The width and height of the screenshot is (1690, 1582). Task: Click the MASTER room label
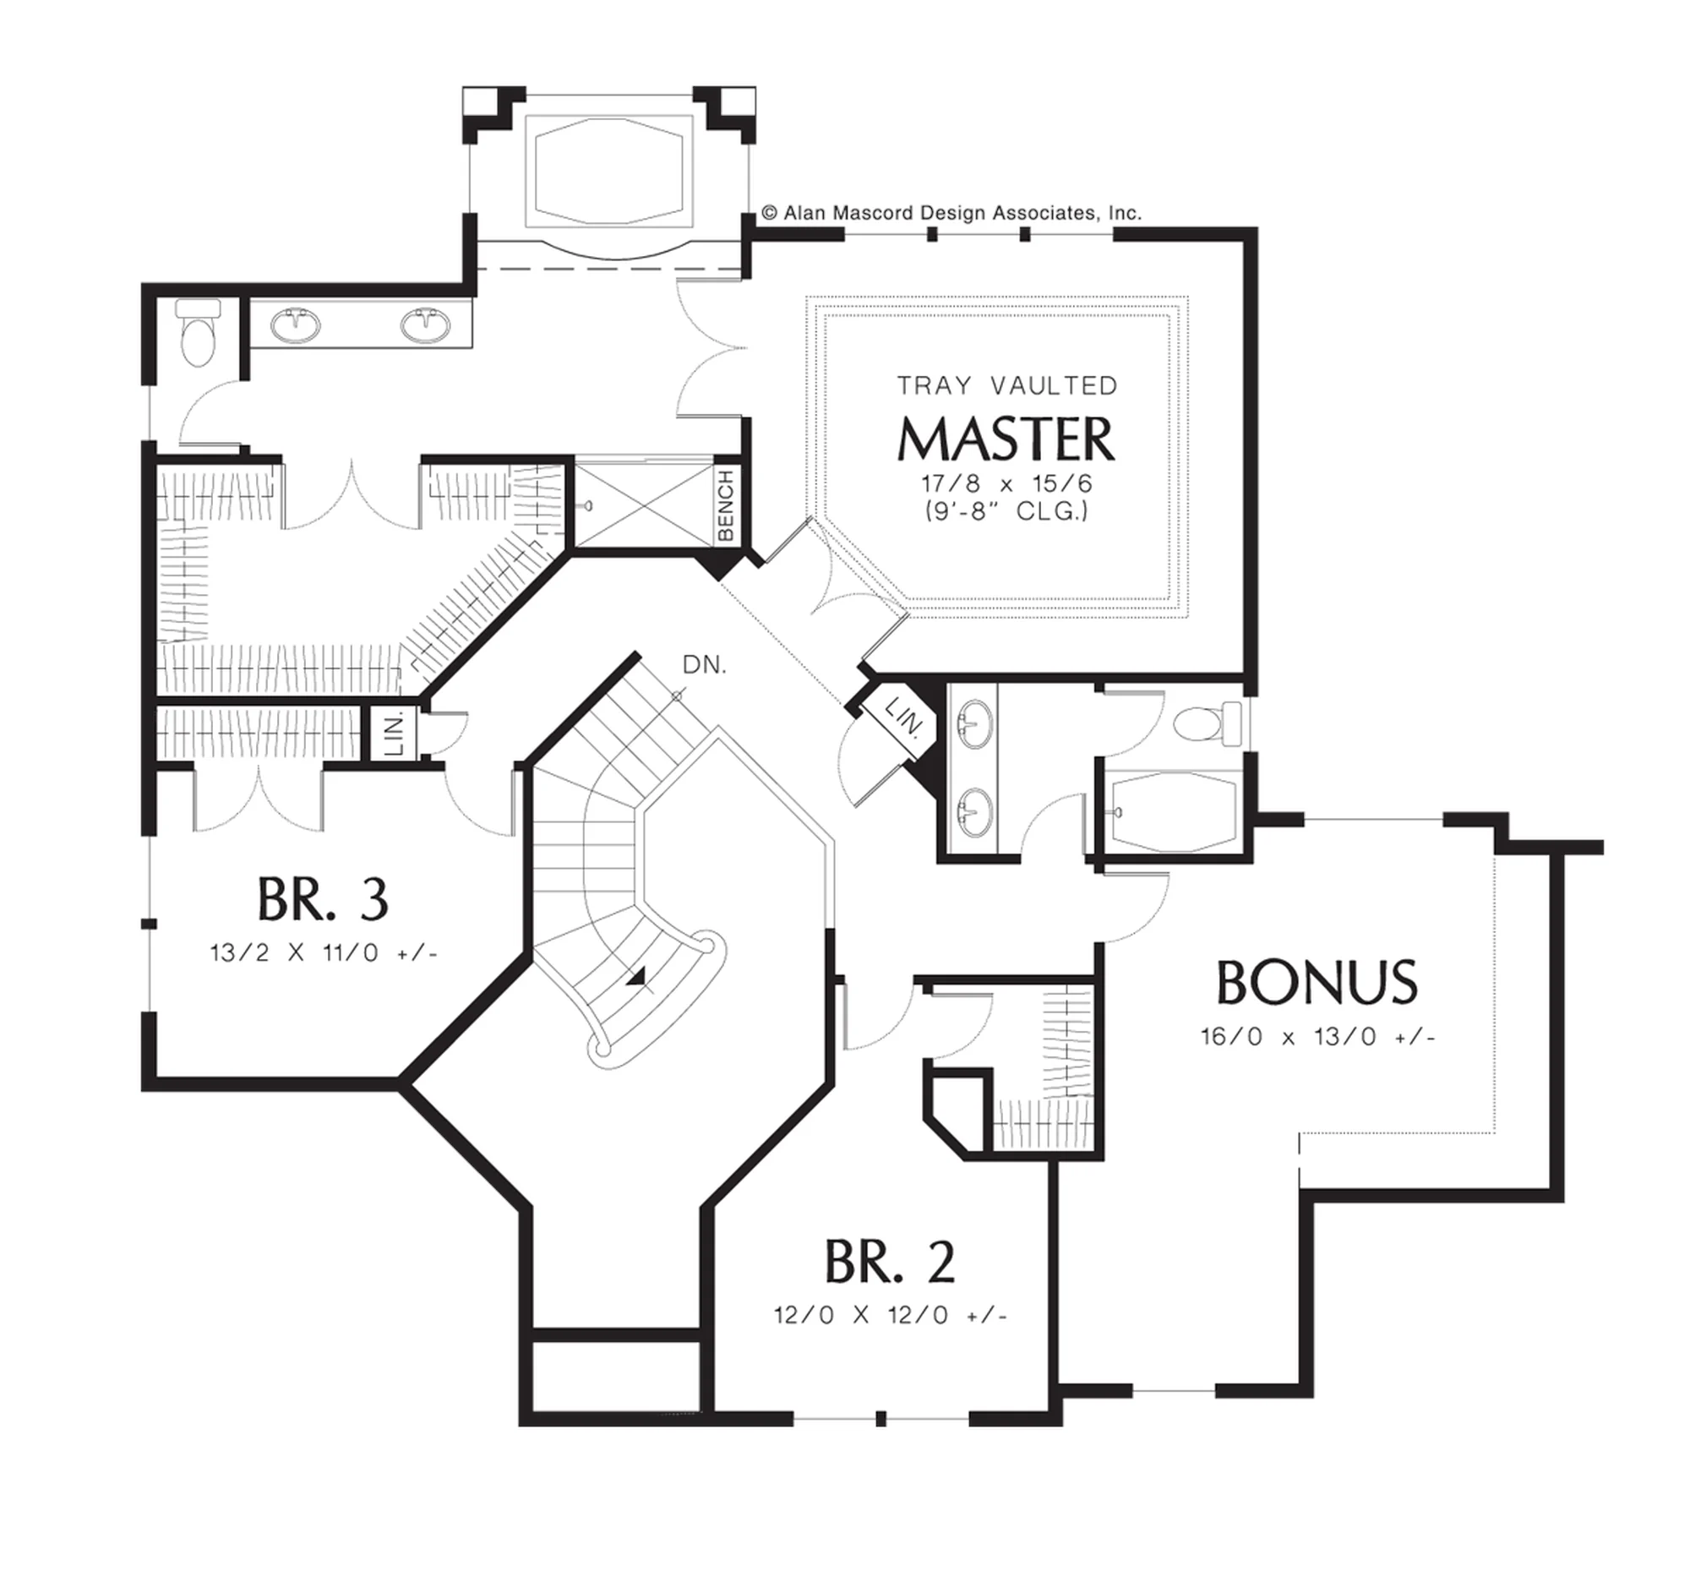point(1006,439)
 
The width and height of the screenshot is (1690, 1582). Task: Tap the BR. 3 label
point(323,900)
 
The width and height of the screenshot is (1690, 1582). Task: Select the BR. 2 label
point(890,1263)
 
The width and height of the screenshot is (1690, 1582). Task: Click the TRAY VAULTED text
point(1007,386)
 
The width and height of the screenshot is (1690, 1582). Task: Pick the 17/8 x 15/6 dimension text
point(1007,483)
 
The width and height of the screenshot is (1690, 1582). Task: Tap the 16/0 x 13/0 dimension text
point(1317,1037)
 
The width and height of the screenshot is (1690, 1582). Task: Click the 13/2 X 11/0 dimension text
point(324,953)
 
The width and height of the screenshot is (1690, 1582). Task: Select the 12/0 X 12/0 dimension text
point(890,1315)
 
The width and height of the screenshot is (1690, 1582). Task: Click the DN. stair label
point(705,665)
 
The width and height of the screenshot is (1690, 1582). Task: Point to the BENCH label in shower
point(725,507)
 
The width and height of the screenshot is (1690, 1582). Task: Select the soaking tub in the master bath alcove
point(608,171)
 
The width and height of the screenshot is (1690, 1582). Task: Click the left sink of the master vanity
point(296,324)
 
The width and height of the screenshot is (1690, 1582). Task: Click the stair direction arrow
point(636,979)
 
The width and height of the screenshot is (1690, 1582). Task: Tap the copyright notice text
point(951,212)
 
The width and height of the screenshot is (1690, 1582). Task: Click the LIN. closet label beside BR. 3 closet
point(394,734)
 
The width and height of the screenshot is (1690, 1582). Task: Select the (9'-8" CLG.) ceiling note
point(1007,511)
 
